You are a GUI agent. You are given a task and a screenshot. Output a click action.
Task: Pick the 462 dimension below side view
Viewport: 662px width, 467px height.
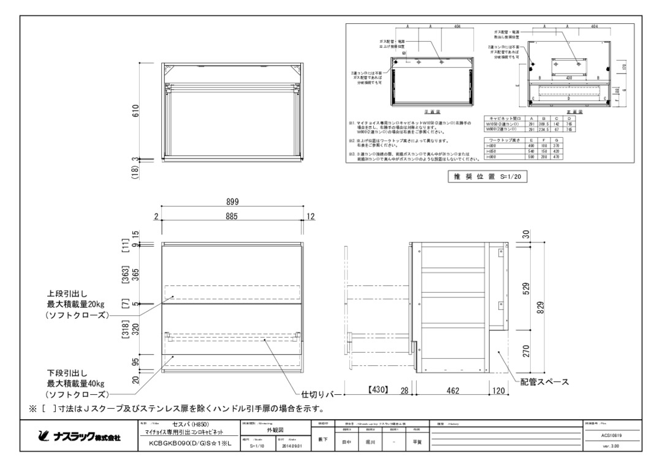click(x=452, y=390)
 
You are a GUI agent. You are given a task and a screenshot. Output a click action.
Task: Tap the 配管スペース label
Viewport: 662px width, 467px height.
click(x=544, y=382)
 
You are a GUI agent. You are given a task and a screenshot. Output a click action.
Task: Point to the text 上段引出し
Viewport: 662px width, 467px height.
click(x=68, y=293)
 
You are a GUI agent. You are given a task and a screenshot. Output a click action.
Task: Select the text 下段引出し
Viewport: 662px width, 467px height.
click(x=68, y=372)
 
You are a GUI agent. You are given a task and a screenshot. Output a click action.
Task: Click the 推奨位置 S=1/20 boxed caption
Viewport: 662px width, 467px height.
click(x=489, y=177)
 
